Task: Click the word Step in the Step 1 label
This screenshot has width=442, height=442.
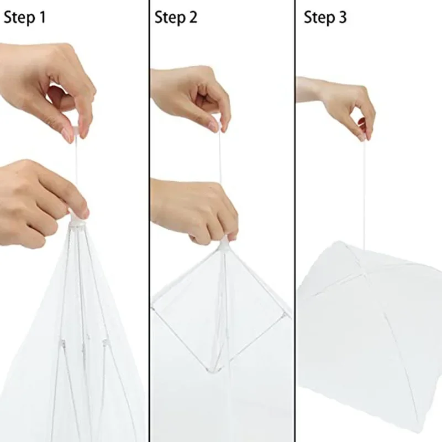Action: (19, 18)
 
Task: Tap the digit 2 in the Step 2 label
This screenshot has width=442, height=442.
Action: (192, 18)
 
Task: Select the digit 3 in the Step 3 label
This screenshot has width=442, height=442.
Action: (342, 18)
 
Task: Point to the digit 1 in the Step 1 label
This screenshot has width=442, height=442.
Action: (42, 18)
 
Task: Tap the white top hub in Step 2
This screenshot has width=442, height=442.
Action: (224, 243)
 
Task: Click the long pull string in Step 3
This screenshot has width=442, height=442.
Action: (364, 193)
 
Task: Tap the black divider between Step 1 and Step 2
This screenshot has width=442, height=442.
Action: (149, 221)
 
